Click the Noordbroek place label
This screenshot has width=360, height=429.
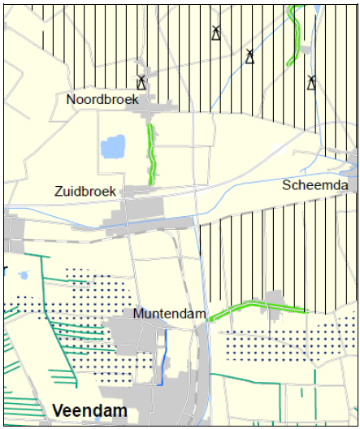(x=102, y=99)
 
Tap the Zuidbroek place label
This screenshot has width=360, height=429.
(x=85, y=192)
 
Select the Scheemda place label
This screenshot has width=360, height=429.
(x=315, y=185)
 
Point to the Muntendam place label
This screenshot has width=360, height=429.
(x=169, y=314)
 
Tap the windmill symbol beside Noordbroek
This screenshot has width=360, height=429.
(x=141, y=82)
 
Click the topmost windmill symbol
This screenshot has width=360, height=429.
(x=216, y=32)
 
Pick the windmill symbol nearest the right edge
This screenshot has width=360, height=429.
(x=311, y=82)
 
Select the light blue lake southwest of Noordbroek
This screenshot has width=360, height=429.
(x=113, y=148)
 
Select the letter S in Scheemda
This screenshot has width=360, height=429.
(x=287, y=185)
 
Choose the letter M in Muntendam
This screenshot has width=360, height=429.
(x=137, y=314)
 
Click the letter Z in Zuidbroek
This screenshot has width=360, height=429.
(x=59, y=192)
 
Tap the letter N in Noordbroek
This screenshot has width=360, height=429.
(x=72, y=99)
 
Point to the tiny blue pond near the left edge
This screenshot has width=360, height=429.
(x=24, y=275)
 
